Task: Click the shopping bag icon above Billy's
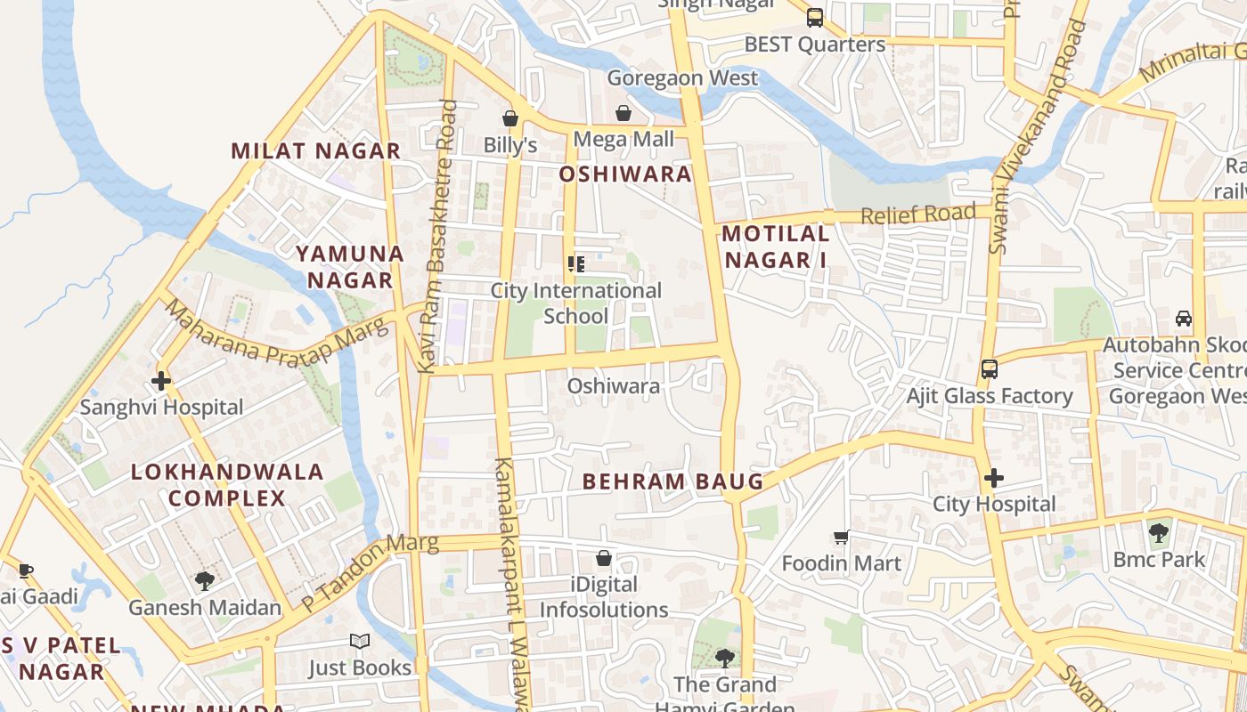510,118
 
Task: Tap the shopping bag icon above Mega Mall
623,113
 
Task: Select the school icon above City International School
576,263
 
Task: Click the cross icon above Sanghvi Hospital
161,381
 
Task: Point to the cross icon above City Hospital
994,478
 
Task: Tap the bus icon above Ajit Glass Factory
989,369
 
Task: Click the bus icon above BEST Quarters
814,18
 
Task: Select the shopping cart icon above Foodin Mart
841,537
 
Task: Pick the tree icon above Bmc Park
1158,533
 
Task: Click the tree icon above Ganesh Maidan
204,581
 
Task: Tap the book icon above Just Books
360,642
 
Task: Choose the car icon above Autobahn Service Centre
1184,319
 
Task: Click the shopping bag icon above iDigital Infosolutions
604,558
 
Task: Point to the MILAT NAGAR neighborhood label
316,151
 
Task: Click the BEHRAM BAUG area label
672,482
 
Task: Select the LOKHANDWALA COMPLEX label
227,485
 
